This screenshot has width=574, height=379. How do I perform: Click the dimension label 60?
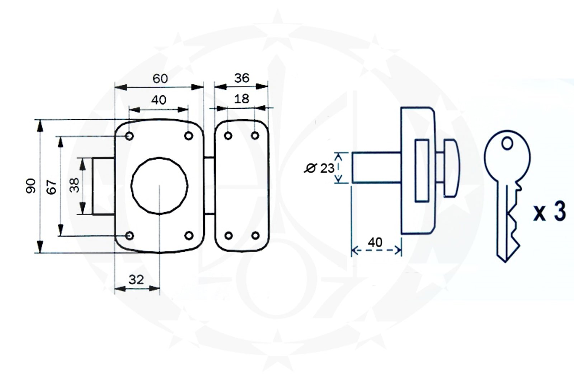point(160,78)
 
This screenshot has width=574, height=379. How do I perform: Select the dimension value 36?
point(241,78)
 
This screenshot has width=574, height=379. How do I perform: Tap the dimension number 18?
point(241,99)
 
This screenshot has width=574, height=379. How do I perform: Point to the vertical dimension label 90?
point(31,186)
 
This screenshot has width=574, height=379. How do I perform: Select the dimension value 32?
point(136,279)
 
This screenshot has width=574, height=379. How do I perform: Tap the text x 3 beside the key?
point(549,212)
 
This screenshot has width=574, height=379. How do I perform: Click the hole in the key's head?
point(507,143)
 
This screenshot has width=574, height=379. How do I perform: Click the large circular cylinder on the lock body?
point(159,185)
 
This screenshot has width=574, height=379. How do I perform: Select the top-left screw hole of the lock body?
point(130,136)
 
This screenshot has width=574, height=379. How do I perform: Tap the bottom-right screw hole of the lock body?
point(189,236)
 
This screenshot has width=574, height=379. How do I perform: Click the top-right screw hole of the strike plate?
point(255,136)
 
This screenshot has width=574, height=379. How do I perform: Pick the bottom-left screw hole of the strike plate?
point(228,236)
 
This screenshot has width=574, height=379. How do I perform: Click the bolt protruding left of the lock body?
point(103,186)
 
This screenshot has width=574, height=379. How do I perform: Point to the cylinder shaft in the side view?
point(376,168)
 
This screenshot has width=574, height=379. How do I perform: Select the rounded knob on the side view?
point(451,168)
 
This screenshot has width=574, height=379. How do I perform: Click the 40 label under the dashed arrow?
point(375,242)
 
